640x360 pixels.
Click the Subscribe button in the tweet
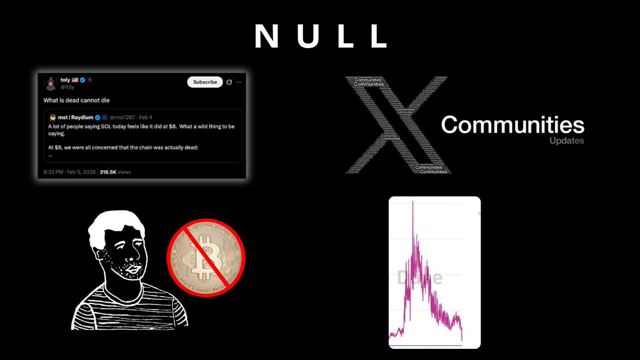(205, 82)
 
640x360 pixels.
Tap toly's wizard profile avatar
(52, 83)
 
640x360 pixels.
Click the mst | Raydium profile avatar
(53, 116)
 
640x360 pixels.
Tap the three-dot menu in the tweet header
(239, 82)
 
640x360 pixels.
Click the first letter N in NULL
(265, 37)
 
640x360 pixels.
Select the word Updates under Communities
(566, 141)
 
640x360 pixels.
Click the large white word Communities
(513, 125)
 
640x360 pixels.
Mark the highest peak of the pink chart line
(413, 202)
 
